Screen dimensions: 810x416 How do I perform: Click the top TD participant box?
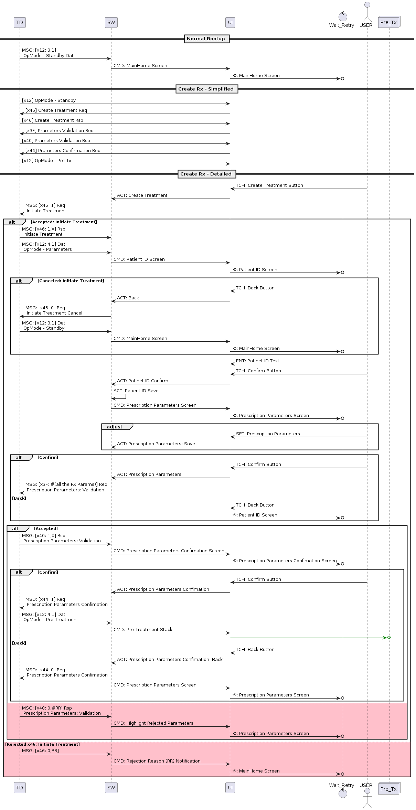(x=20, y=23)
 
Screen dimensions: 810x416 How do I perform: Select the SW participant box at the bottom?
(x=111, y=787)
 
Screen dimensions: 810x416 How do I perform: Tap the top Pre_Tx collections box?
(x=389, y=22)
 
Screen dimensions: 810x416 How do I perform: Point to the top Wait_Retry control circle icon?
(x=343, y=17)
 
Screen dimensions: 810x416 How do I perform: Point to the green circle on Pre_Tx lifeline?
(x=389, y=638)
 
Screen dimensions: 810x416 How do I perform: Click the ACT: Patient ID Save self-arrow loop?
(x=119, y=396)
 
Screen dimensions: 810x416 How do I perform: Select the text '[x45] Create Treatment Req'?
(x=56, y=110)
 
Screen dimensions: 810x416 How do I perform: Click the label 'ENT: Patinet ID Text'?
(x=257, y=361)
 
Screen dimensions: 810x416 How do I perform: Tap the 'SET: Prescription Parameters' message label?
(x=268, y=434)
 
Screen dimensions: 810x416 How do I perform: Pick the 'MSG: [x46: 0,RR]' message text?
(x=40, y=751)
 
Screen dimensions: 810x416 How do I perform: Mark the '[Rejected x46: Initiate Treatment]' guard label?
(x=42, y=744)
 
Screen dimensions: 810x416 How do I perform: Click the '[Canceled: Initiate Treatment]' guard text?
(x=71, y=281)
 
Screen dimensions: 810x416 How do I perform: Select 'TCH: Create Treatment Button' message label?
(x=269, y=185)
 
